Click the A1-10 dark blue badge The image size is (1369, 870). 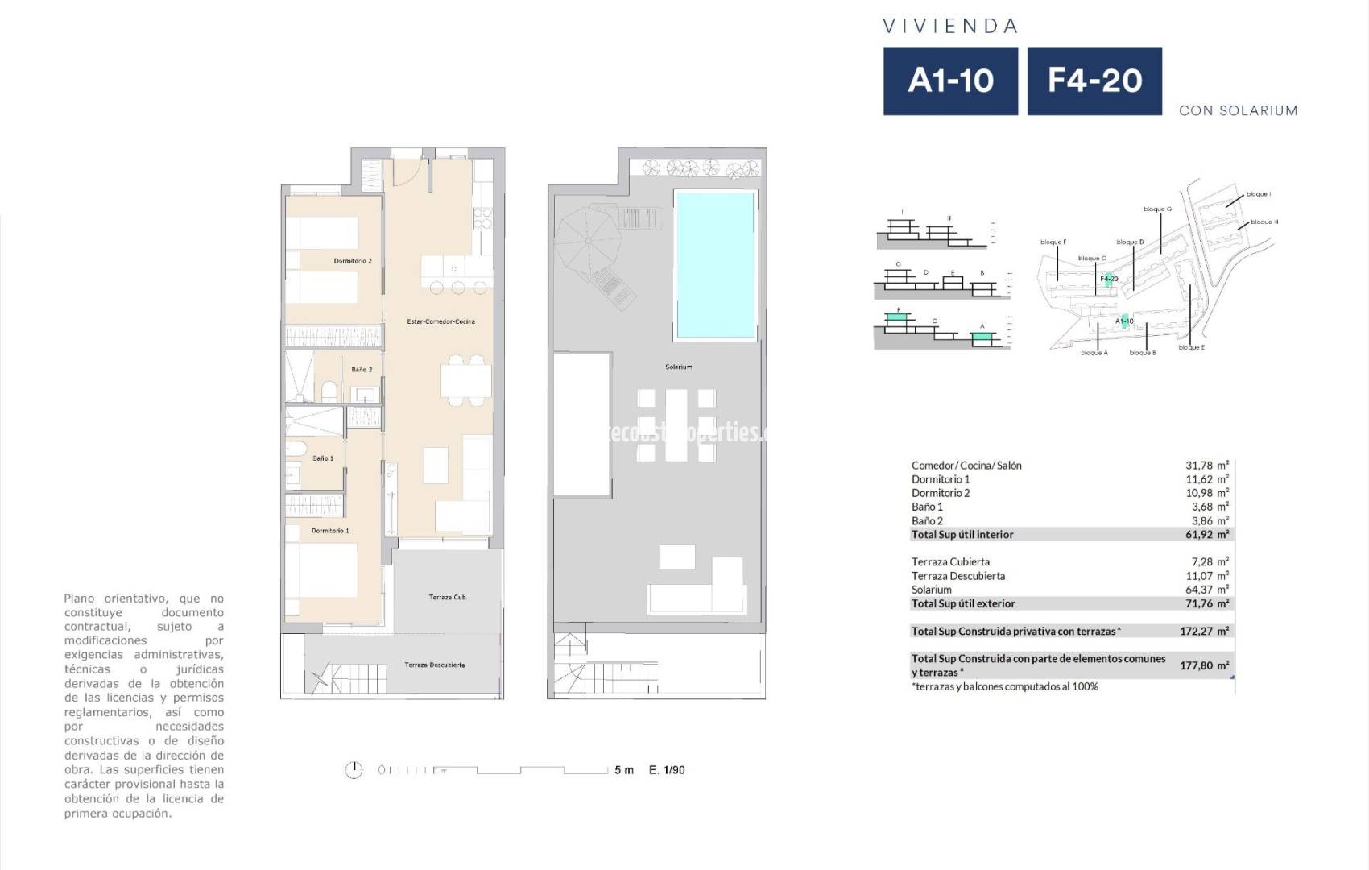[x=950, y=81]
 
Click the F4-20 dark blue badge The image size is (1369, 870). [x=1094, y=81]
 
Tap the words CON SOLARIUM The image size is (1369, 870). [x=1238, y=110]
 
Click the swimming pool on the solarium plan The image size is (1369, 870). [x=715, y=264]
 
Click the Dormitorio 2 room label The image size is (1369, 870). [x=353, y=261]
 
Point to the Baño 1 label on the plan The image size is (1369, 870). [x=323, y=458]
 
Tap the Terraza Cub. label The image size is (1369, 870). [x=448, y=597]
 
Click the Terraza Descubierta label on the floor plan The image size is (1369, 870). [x=434, y=665]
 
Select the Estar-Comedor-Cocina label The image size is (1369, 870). [x=440, y=321]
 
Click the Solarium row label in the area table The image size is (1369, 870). [x=931, y=590]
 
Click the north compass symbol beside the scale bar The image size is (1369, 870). [x=354, y=770]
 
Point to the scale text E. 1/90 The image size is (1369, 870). [x=667, y=770]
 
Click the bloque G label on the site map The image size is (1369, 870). [x=1157, y=209]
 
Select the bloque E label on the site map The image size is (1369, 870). [x=1191, y=347]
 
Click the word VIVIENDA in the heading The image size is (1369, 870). [x=950, y=27]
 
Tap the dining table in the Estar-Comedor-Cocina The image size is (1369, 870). [x=465, y=379]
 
